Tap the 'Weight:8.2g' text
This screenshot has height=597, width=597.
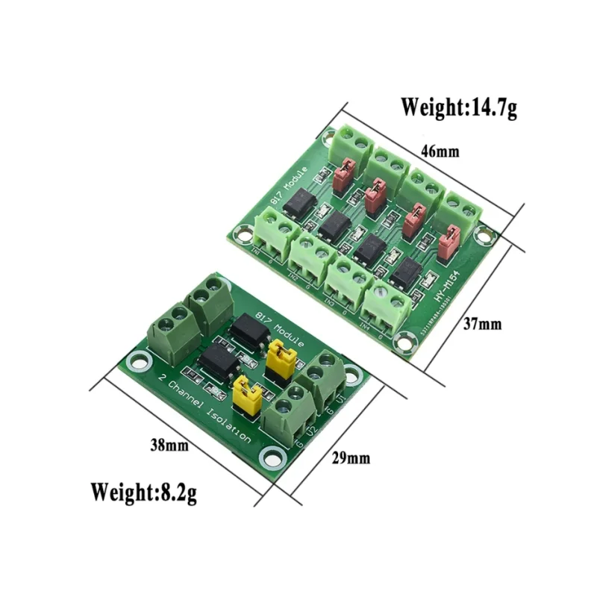tap(144, 492)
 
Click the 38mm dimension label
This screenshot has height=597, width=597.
tap(169, 446)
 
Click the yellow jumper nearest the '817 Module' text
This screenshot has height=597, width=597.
tap(278, 357)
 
